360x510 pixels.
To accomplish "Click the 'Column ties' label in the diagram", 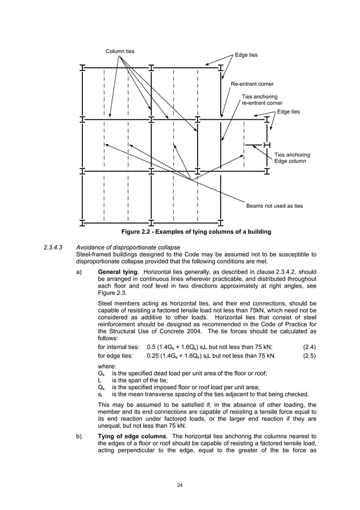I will pos(120,51).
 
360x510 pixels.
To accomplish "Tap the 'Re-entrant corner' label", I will pos(252,84).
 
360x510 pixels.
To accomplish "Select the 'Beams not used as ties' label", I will pos(274,206).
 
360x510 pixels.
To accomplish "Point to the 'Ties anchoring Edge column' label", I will pos(292,158).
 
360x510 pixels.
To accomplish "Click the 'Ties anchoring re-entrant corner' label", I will pos(262,100).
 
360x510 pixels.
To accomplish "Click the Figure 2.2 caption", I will pos(196,232).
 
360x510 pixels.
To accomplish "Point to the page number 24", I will pos(180,485).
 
